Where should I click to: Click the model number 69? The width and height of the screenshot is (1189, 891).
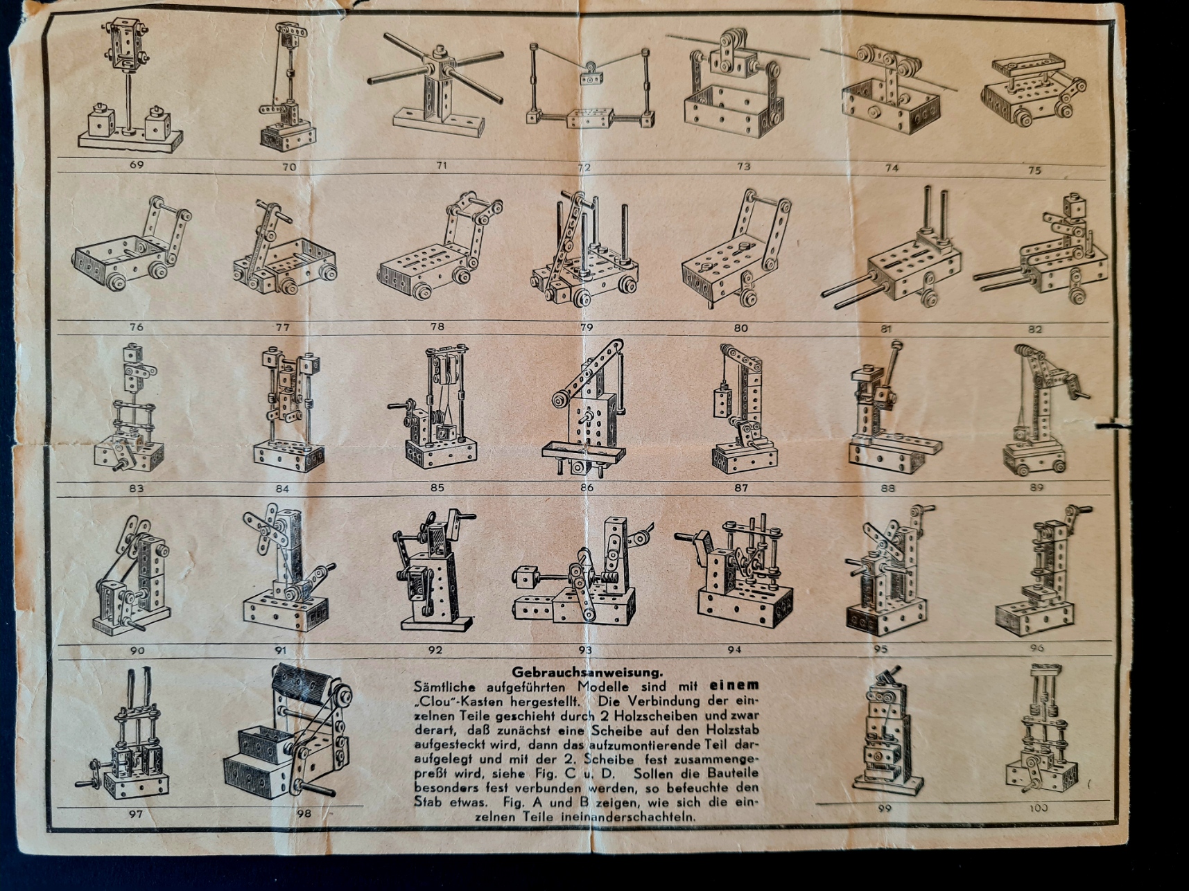point(137,165)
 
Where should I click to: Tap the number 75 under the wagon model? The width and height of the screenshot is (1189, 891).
point(1034,170)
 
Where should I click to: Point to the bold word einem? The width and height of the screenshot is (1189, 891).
point(734,686)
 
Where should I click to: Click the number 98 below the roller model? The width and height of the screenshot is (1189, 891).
point(304,813)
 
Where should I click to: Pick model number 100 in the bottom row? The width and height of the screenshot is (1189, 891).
point(1038,807)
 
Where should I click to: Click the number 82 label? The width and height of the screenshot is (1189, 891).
point(1034,329)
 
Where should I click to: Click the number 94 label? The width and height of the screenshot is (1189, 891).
point(735,649)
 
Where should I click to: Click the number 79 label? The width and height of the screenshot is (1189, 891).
point(587,327)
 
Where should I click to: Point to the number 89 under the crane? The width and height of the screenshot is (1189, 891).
point(1036,487)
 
